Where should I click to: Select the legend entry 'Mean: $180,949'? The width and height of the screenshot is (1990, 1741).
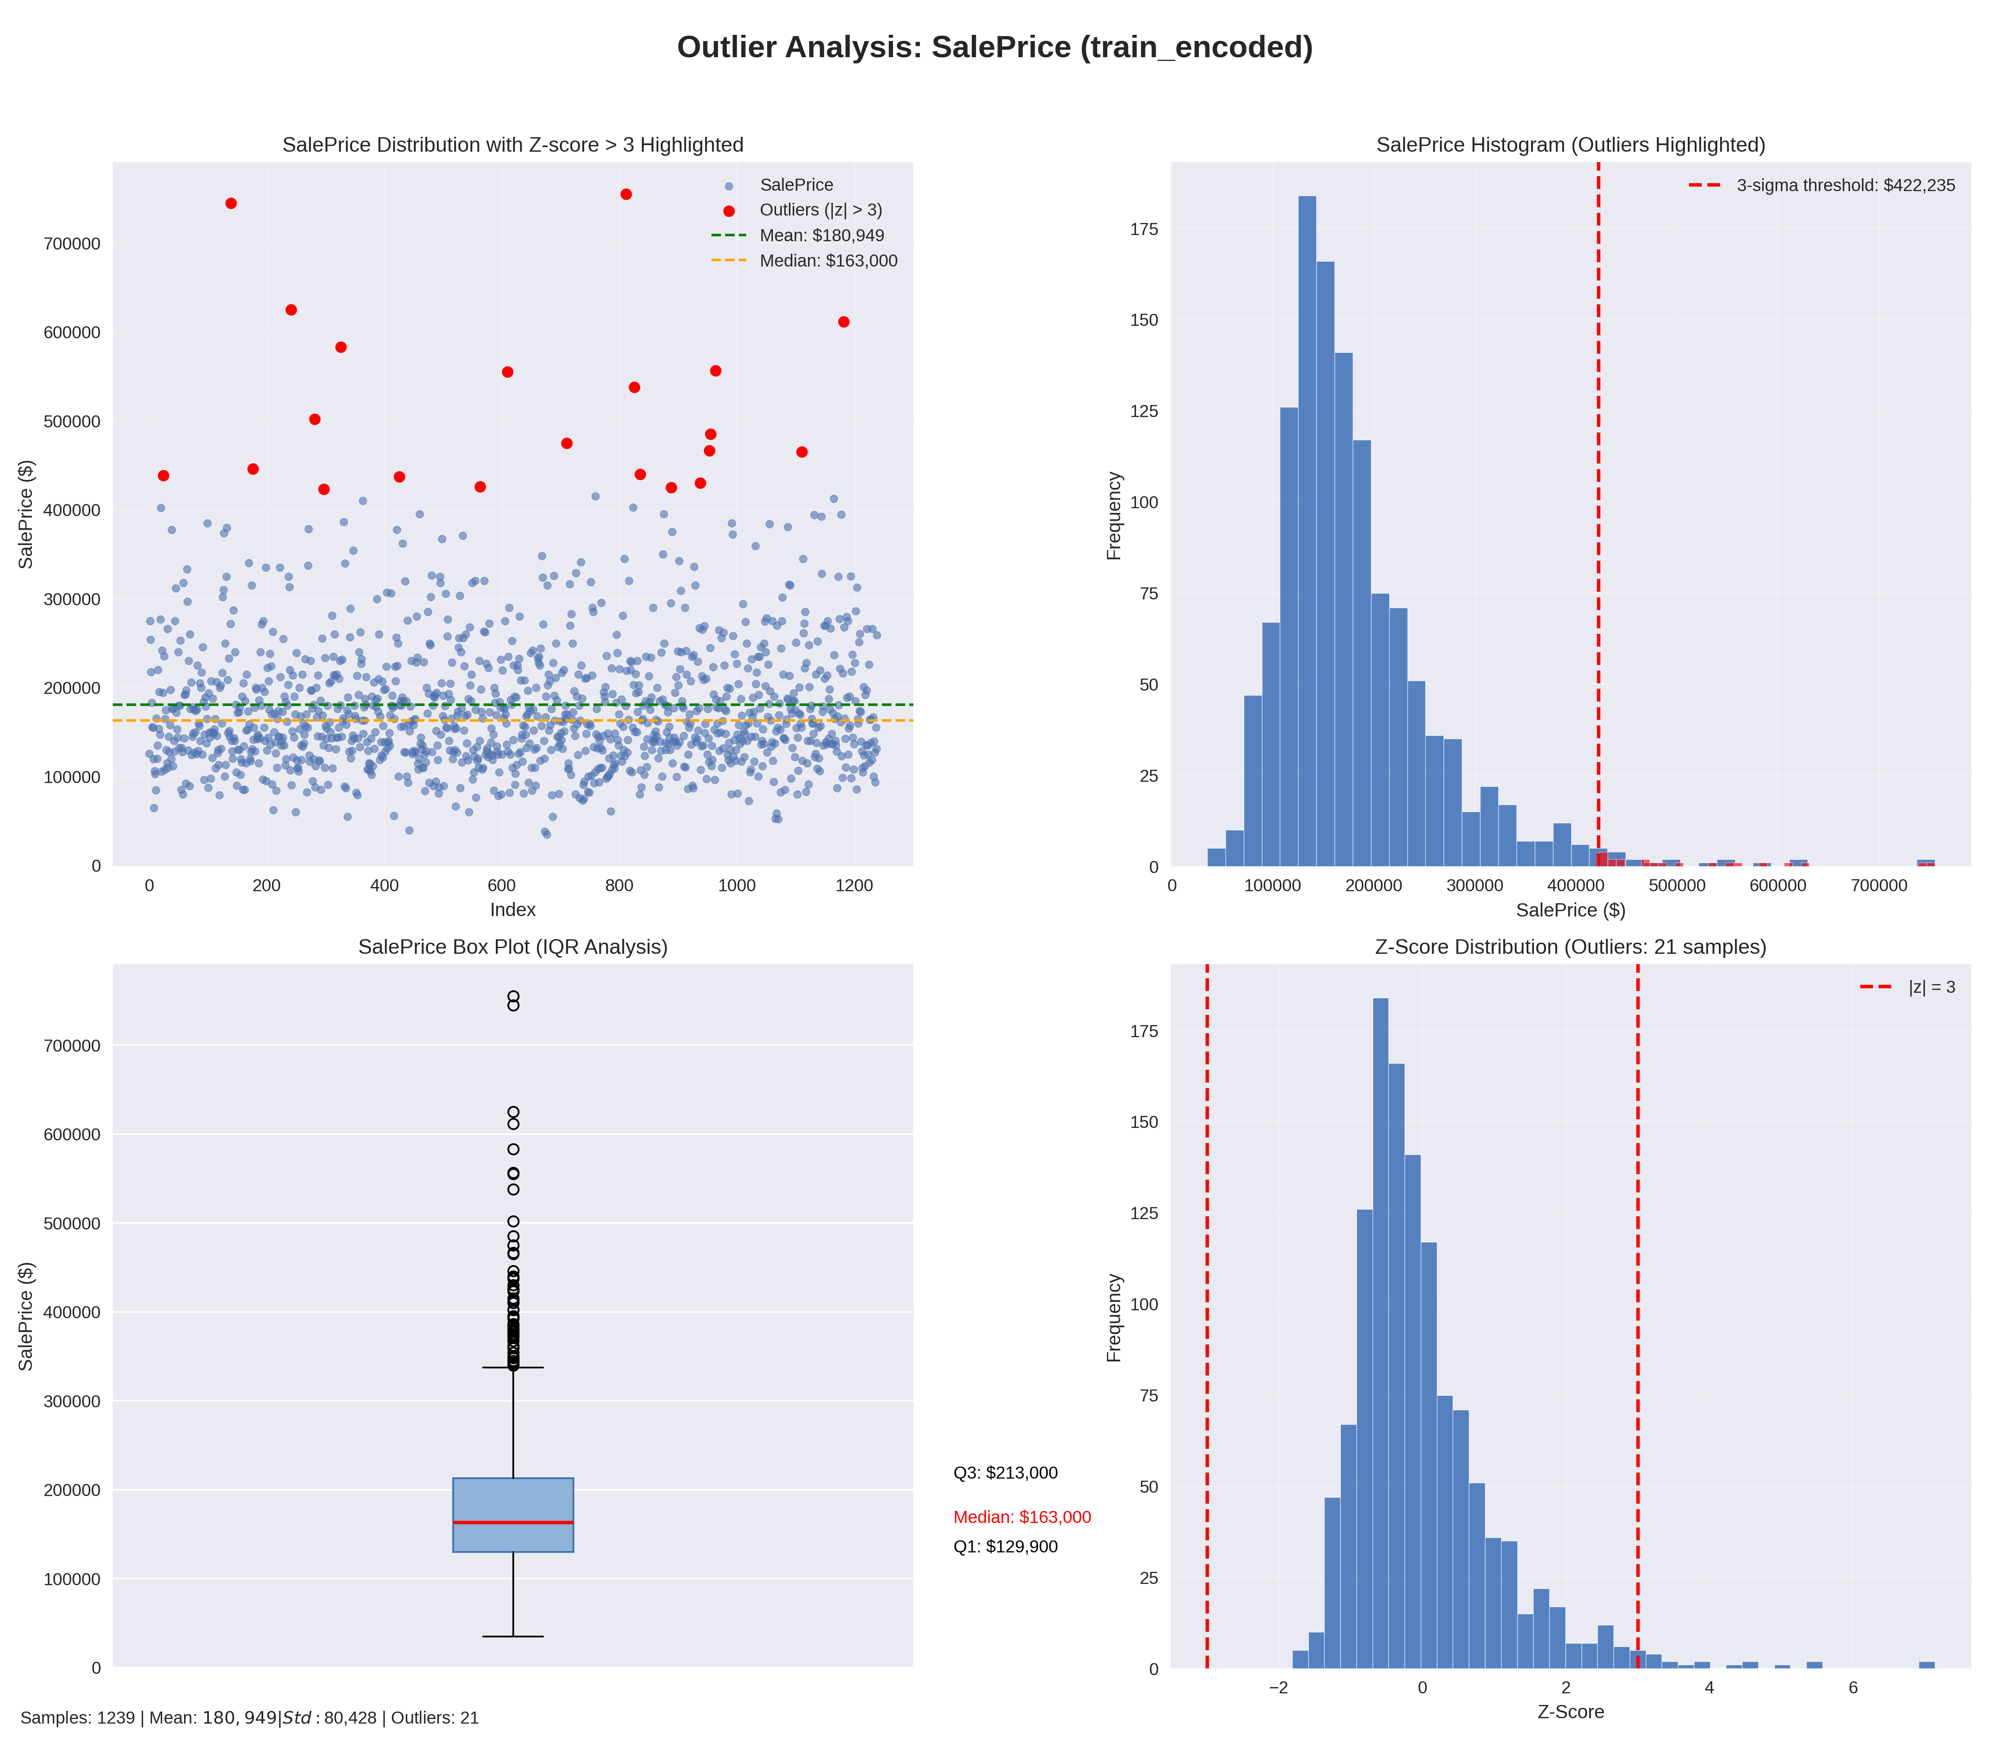click(821, 235)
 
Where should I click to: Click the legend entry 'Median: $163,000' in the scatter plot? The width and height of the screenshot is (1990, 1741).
click(828, 260)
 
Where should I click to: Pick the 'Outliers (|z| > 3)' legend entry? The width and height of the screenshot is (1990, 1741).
click(820, 210)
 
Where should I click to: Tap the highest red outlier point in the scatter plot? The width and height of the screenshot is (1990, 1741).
click(626, 194)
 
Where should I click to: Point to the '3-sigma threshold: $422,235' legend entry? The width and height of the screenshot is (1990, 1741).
click(1845, 186)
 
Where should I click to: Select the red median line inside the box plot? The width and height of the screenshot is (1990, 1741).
click(513, 1523)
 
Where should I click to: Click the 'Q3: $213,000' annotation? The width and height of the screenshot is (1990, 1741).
click(1005, 1473)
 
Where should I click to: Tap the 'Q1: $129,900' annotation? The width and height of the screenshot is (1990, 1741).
click(1005, 1547)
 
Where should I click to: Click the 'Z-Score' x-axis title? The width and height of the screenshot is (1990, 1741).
click(1570, 1712)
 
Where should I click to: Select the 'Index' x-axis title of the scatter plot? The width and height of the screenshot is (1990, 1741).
click(512, 909)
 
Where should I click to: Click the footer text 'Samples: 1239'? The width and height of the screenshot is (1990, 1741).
click(78, 1718)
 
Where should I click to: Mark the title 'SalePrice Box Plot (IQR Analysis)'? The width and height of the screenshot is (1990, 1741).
click(512, 947)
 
